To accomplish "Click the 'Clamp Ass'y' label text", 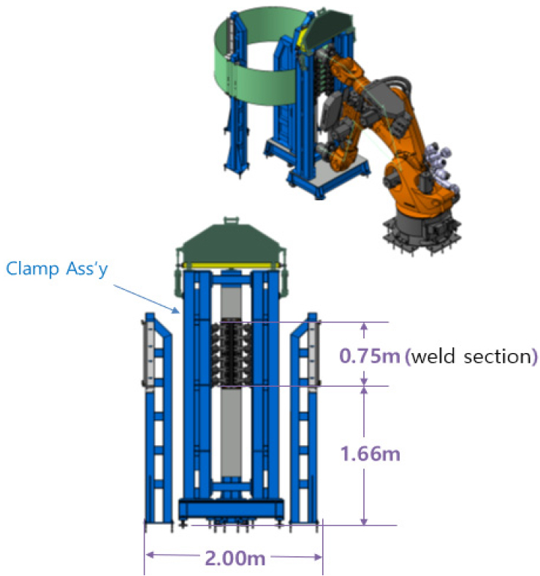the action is tap(57, 269).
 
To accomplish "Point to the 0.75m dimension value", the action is tap(370, 356).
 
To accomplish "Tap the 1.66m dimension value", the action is tap(370, 454).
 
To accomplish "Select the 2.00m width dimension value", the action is tap(235, 558).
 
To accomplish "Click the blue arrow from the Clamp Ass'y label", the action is tap(146, 299).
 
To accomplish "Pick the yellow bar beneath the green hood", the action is tap(231, 265).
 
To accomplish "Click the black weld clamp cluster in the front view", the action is tap(232, 354).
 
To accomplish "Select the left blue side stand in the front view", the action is tap(158, 419).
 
